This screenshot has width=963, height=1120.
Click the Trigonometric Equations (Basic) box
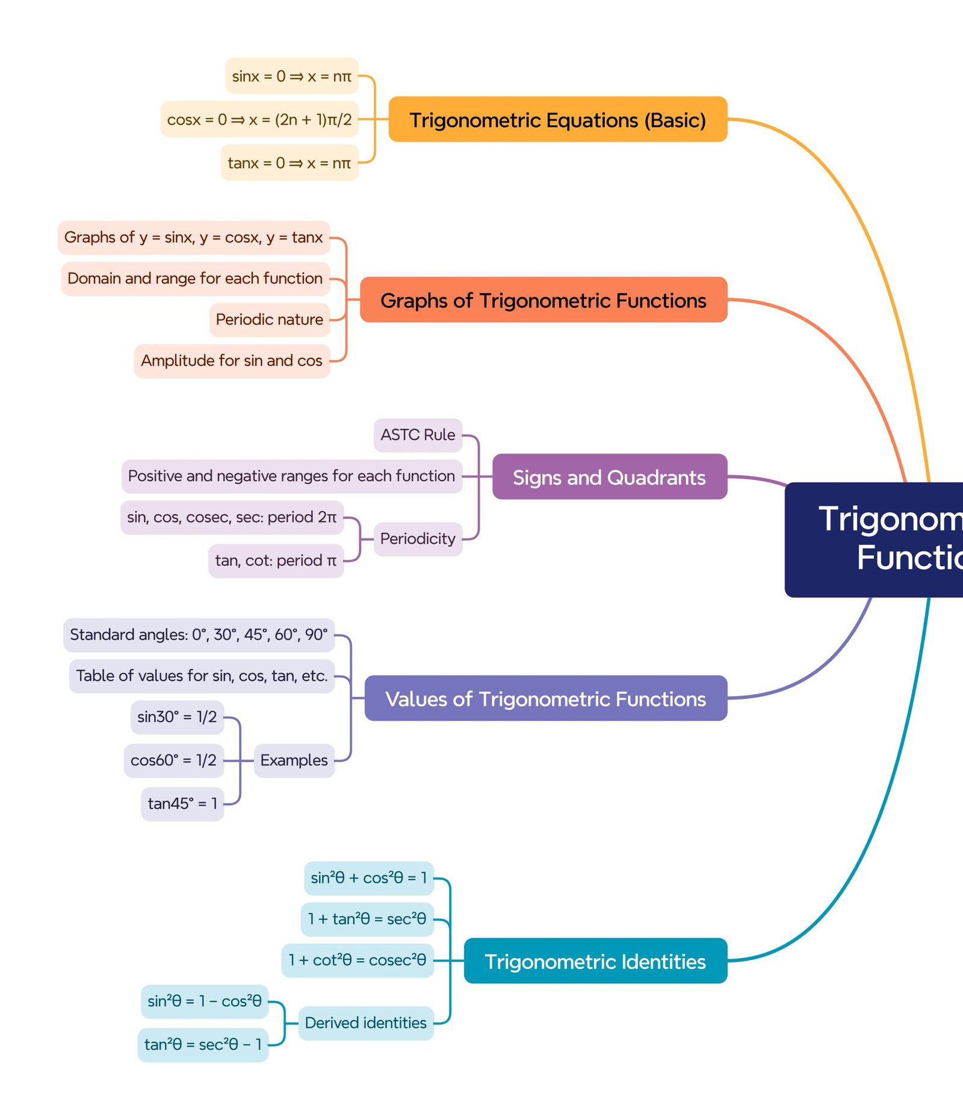557,119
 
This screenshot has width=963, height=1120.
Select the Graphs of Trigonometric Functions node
543,300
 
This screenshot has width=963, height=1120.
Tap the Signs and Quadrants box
609,477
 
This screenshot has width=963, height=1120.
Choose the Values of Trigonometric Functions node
545,698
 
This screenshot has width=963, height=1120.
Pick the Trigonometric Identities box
595,961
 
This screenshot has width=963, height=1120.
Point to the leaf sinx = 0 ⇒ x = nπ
292,76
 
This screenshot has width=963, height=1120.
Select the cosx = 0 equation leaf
259,119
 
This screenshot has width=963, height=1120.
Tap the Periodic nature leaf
269,319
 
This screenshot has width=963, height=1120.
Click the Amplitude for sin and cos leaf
232,361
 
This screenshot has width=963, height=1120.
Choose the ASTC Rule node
418,435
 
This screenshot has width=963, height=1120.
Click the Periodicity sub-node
418,538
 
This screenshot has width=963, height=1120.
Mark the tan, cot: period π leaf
276,561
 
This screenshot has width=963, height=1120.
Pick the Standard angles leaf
199,635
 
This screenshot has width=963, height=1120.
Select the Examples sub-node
294,760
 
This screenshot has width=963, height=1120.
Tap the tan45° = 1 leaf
182,803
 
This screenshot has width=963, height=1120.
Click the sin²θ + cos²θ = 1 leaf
368,878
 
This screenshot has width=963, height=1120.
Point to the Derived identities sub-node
365,1022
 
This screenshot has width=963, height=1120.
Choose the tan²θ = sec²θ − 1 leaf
203,1044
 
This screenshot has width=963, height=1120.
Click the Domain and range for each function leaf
195,278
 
